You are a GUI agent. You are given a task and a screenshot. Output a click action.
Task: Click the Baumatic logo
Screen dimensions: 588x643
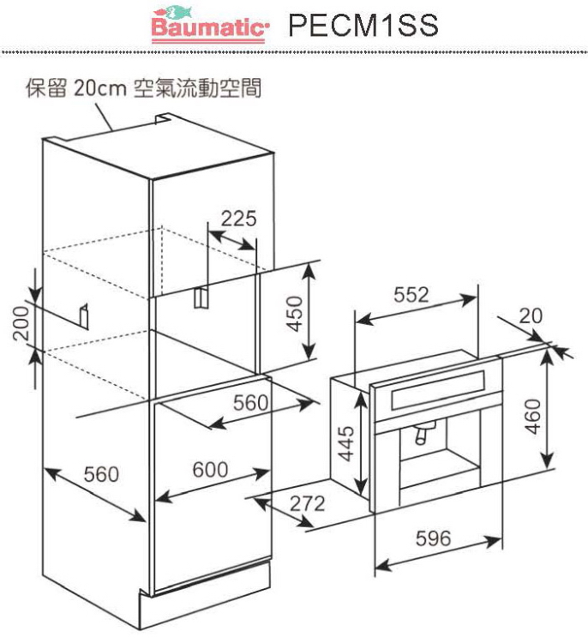click(208, 24)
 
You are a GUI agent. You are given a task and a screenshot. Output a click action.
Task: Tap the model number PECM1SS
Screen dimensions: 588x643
click(363, 25)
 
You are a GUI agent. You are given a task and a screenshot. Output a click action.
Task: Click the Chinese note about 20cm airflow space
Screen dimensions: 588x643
click(143, 88)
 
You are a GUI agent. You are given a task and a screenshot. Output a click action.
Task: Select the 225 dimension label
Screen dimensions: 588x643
click(238, 218)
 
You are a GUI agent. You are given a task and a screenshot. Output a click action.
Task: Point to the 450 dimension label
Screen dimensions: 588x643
click(294, 314)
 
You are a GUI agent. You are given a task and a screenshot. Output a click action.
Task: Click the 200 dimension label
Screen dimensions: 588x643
click(21, 323)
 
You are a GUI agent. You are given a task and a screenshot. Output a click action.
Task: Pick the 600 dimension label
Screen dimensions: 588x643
click(210, 469)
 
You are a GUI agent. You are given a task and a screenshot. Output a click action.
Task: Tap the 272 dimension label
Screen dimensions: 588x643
click(307, 503)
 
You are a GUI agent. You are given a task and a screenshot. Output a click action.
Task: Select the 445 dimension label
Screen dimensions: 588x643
click(345, 444)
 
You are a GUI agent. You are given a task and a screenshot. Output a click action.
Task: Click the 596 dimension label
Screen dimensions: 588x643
click(433, 538)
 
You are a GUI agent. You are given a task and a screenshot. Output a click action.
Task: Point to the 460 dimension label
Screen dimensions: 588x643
click(533, 416)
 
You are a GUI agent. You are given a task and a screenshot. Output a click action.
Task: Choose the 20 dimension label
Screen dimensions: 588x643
click(531, 315)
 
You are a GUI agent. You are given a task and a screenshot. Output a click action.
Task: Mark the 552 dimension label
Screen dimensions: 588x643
click(411, 294)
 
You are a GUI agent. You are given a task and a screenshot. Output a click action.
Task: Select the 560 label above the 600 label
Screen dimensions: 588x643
click(250, 402)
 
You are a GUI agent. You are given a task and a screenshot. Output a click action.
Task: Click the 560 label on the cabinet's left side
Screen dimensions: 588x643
click(101, 474)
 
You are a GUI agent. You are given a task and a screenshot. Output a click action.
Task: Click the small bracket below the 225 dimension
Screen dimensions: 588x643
click(201, 297)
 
